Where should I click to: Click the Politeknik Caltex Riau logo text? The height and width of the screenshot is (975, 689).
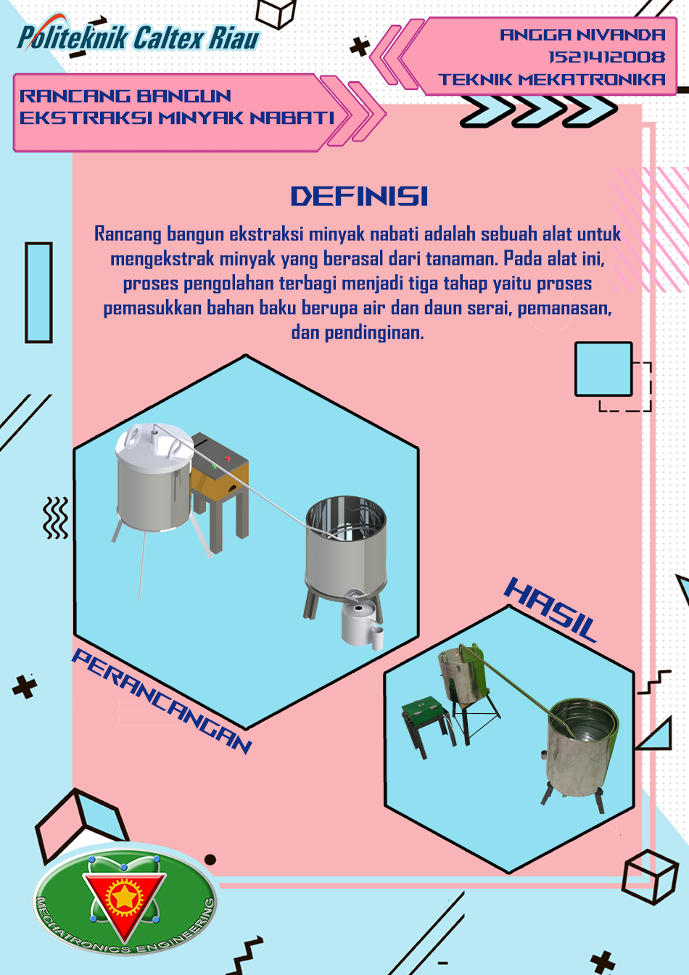coord(139,38)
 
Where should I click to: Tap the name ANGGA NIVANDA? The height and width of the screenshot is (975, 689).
coord(582,35)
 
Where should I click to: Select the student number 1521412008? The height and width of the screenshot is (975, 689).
coord(606,57)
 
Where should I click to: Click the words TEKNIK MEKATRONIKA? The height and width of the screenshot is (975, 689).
coord(551,80)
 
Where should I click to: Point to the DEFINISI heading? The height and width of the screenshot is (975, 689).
coord(359,197)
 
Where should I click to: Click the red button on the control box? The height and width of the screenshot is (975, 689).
coord(227,458)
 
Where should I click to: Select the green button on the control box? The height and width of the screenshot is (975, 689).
coord(214,466)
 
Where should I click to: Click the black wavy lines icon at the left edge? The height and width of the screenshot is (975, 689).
coord(55,517)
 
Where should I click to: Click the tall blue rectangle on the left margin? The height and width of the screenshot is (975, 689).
coord(38,292)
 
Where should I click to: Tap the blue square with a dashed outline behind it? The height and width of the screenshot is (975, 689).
coord(603,369)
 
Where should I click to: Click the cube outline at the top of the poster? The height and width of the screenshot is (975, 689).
coord(276,12)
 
